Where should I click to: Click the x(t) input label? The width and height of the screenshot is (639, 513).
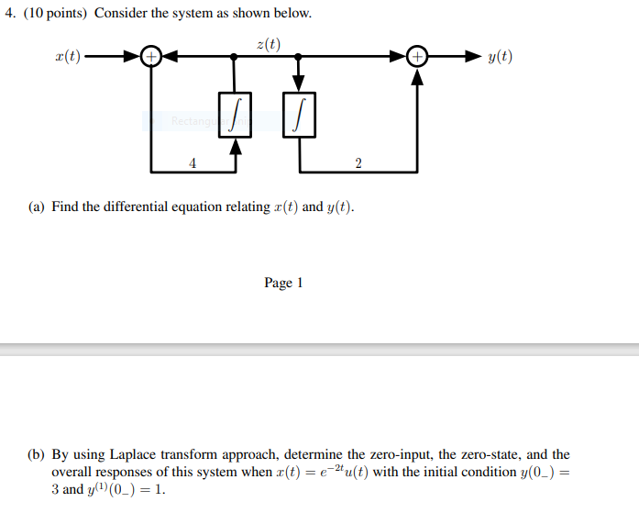coord(68,58)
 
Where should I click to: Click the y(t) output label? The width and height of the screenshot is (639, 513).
coord(500,58)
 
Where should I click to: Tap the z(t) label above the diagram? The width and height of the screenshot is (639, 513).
coord(269,43)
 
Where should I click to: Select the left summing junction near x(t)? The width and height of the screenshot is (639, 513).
coord(151,58)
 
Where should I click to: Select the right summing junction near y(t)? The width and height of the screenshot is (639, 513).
coord(417,58)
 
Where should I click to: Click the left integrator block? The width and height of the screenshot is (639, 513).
coord(236,115)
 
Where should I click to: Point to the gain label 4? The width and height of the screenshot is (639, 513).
coord(193,163)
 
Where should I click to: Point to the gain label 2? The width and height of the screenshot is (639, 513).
coord(358,163)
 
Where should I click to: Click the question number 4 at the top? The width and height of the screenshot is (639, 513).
coord(8,14)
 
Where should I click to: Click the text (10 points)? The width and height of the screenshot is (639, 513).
coord(53,14)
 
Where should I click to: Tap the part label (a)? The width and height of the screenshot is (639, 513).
coord(36,206)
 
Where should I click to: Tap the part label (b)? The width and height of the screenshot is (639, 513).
coord(36,454)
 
